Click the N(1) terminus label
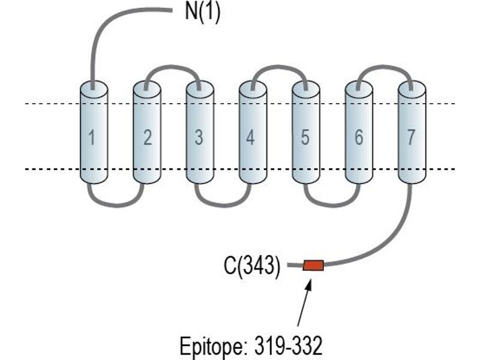pyautogui.click(x=203, y=12)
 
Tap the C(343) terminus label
pyautogui.click(x=252, y=266)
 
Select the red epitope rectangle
pyautogui.click(x=313, y=265)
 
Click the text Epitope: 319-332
pyautogui.click(x=251, y=346)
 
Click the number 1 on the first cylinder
pyautogui.click(x=92, y=137)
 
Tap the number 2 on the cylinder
pyautogui.click(x=148, y=137)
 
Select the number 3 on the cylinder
pyautogui.click(x=199, y=137)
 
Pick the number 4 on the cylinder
pyautogui.click(x=250, y=137)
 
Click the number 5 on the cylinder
pyautogui.click(x=305, y=137)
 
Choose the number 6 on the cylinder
pyautogui.click(x=359, y=137)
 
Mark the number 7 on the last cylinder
pyautogui.click(x=410, y=137)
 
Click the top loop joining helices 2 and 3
pyautogui.click(x=172, y=67)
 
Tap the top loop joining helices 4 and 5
pyautogui.click(x=278, y=67)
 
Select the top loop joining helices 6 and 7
pyautogui.click(x=385, y=67)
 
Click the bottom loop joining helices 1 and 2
pyautogui.click(x=116, y=205)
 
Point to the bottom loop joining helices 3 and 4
pyautogui.click(x=223, y=205)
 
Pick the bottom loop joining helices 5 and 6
pyautogui.click(x=332, y=205)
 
